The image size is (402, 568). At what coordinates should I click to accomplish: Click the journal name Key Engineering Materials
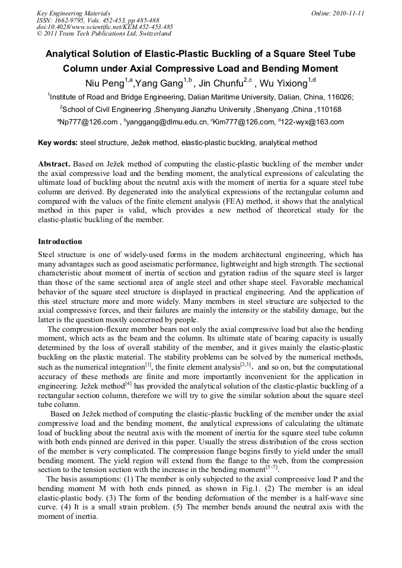pyautogui.click(x=73, y=13)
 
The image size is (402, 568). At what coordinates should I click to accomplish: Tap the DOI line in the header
pyautogui.click(x=104, y=27)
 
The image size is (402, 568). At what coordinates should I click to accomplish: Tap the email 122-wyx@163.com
pyautogui.click(x=314, y=123)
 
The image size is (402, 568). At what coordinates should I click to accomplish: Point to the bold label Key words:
pyautogui.click(x=58, y=143)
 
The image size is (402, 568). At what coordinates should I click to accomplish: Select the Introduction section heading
pyautogui.click(x=60, y=242)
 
